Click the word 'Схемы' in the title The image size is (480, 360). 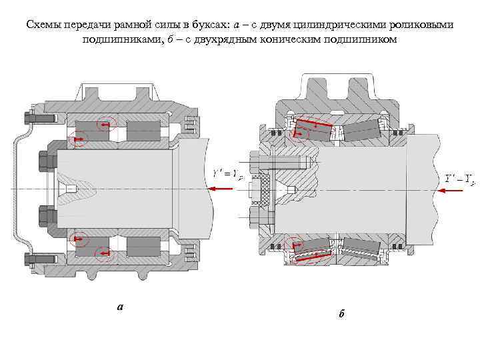coord(44,25)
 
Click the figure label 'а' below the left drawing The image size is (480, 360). coord(120,307)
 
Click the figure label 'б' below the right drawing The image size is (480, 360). coord(341,313)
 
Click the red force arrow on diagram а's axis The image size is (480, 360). coord(221,189)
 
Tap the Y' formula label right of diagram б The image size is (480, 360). coord(460,178)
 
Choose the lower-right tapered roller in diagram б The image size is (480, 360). coord(360,251)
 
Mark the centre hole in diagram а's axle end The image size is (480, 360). coord(71,189)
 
